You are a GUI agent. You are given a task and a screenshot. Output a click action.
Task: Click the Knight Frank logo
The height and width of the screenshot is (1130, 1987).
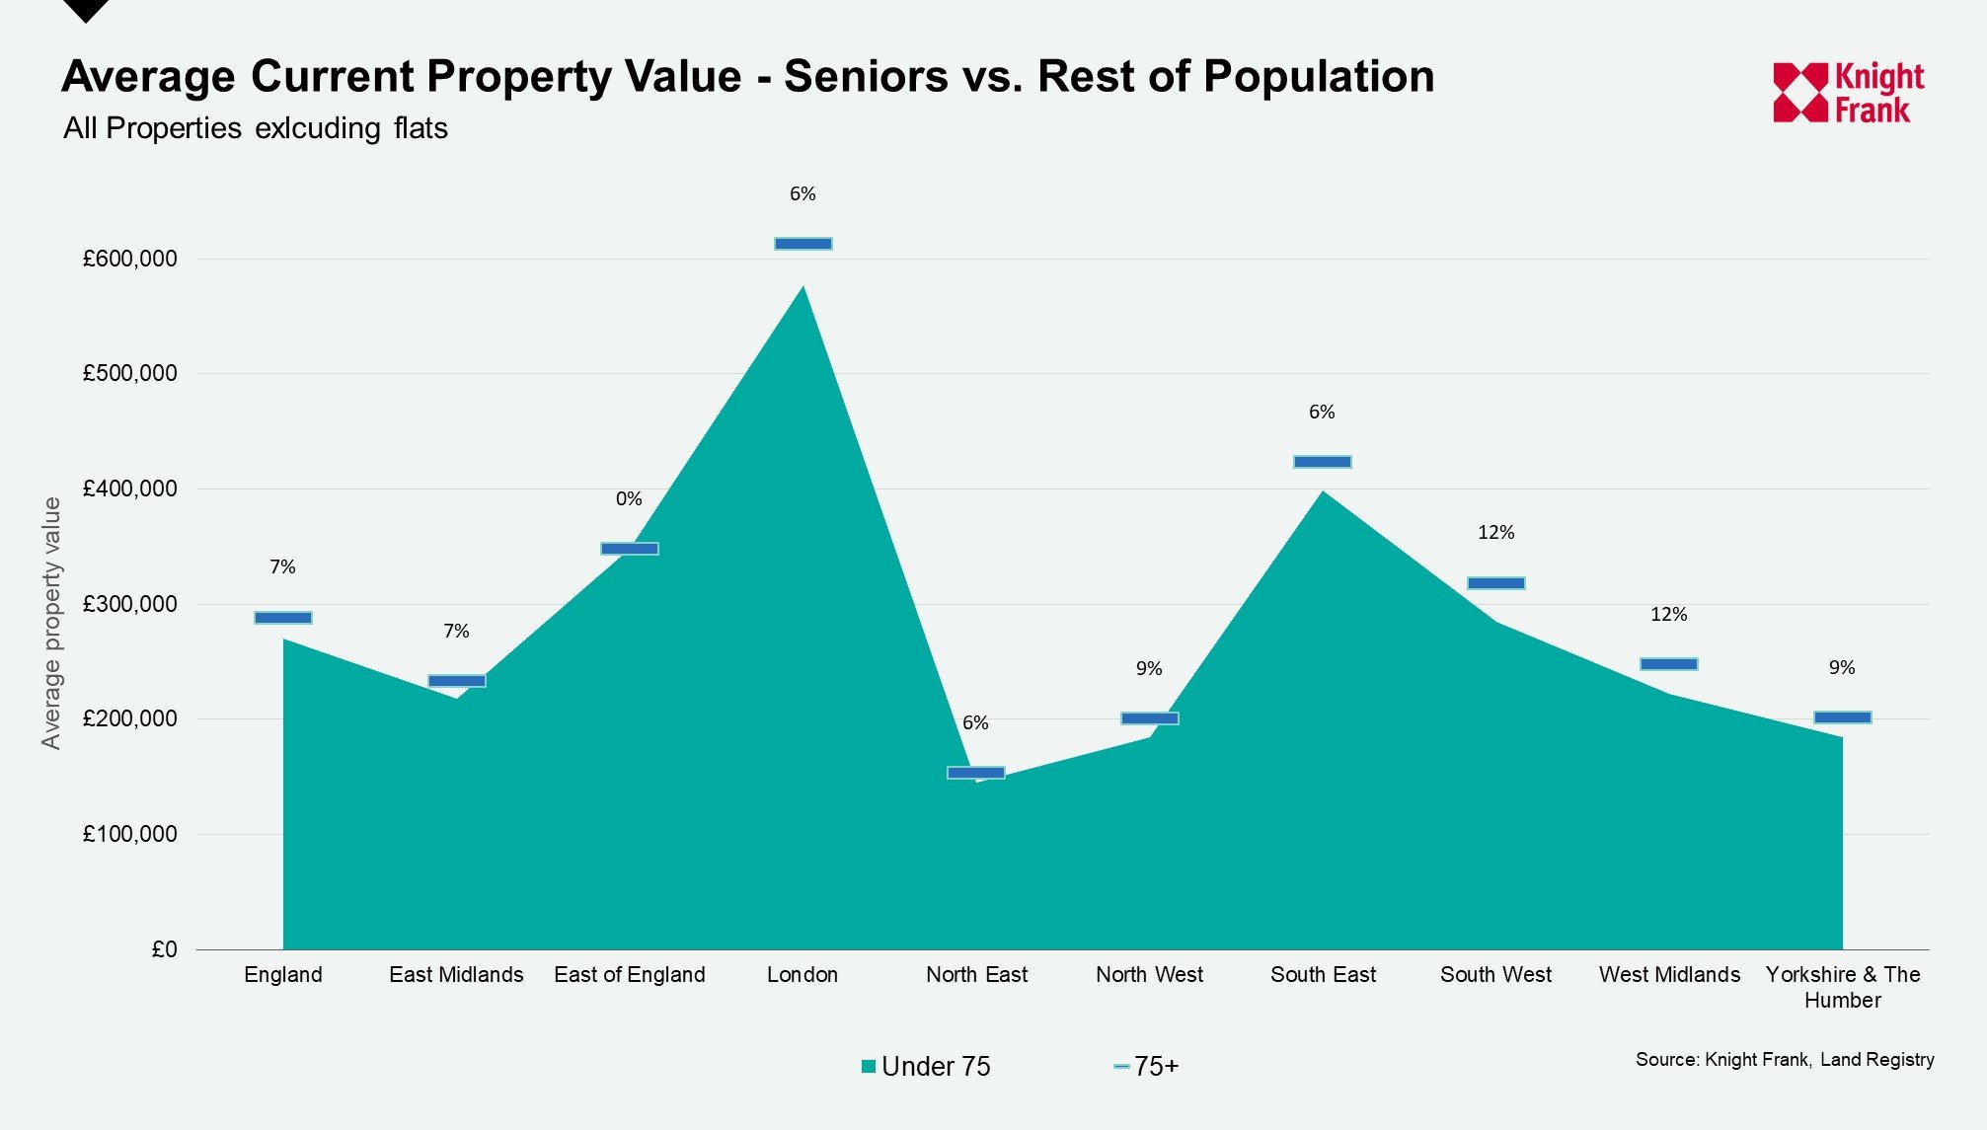pyautogui.click(x=1848, y=93)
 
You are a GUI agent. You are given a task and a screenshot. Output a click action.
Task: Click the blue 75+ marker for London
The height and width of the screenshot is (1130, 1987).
pyautogui.click(x=802, y=244)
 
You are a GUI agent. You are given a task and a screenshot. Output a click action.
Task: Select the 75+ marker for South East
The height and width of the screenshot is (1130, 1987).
pyautogui.click(x=1322, y=462)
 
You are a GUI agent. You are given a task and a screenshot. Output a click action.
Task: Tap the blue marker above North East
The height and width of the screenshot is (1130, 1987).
pyautogui.click(x=975, y=773)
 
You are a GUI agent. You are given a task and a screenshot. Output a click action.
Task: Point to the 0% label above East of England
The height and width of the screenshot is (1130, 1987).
pyautogui.click(x=629, y=499)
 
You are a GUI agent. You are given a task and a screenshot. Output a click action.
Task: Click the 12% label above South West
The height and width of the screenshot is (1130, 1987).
pyautogui.click(x=1495, y=533)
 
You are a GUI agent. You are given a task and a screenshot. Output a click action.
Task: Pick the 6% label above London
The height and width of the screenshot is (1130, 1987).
pyautogui.click(x=802, y=194)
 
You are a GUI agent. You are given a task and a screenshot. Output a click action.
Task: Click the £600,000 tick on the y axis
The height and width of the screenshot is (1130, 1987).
pyautogui.click(x=130, y=259)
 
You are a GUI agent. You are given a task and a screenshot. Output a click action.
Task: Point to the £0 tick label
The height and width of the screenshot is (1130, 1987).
pyautogui.click(x=164, y=949)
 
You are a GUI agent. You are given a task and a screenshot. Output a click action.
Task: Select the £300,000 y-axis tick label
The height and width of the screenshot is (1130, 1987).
pyautogui.click(x=130, y=604)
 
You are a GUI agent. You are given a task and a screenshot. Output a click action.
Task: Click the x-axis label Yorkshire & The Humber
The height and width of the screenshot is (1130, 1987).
pyautogui.click(x=1842, y=987)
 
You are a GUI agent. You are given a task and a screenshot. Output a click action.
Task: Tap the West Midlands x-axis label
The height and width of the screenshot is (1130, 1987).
pyautogui.click(x=1669, y=975)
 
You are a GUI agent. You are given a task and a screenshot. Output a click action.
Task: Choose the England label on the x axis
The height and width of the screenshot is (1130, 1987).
pyautogui.click(x=283, y=975)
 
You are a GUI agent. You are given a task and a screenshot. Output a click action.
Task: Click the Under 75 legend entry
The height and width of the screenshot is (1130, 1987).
pyautogui.click(x=926, y=1067)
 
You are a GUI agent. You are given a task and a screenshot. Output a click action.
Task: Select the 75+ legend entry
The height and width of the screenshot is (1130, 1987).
pyautogui.click(x=1147, y=1067)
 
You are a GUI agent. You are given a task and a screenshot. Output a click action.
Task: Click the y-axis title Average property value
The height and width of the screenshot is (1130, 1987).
pyautogui.click(x=51, y=623)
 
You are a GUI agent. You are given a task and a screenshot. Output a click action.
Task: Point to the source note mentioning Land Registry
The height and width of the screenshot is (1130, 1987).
pyautogui.click(x=1784, y=1060)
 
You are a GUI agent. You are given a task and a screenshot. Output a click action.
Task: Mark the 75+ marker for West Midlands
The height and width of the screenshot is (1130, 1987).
pyautogui.click(x=1668, y=664)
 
